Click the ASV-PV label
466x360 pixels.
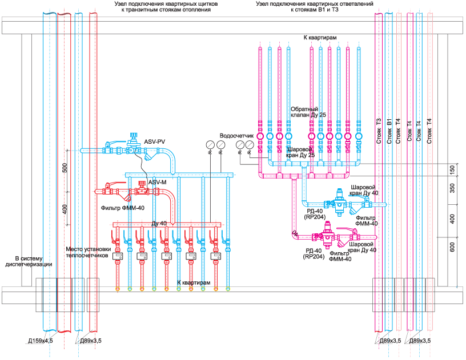[x=155, y=142]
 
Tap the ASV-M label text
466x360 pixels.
[x=157, y=182]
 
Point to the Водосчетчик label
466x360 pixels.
[x=236, y=136]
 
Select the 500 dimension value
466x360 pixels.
[x=65, y=168]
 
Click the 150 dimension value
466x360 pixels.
[x=452, y=170]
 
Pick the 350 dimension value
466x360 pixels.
[x=452, y=188]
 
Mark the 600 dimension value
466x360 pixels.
[x=452, y=247]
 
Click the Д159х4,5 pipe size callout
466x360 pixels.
[x=41, y=341]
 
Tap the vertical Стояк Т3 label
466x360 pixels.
[x=379, y=131]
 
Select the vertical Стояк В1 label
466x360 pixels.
[x=389, y=131]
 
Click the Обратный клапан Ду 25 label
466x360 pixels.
[x=308, y=112]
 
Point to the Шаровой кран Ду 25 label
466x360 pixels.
[x=300, y=152]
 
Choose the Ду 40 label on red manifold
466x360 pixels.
[x=159, y=224]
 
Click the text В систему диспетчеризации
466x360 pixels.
[x=29, y=261]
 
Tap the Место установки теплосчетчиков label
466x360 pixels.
[x=89, y=252]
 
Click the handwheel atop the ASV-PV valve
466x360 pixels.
[x=133, y=135]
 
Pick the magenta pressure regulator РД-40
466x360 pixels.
[x=327, y=235]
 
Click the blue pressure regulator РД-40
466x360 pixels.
[x=339, y=203]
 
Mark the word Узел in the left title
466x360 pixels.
[x=121, y=4]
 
